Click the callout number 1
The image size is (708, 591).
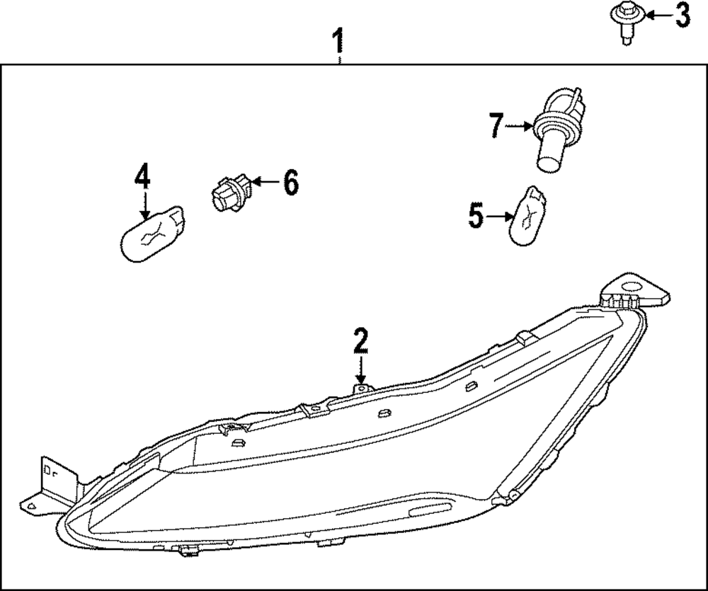point(339,41)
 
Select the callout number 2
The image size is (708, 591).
point(361,342)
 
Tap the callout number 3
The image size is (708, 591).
point(682,16)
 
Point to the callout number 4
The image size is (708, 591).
point(143,176)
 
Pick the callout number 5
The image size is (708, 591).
point(476,215)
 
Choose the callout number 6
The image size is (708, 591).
point(290,183)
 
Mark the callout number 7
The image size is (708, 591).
point(496,127)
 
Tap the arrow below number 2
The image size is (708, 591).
point(361,369)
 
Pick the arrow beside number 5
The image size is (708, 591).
point(501,215)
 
